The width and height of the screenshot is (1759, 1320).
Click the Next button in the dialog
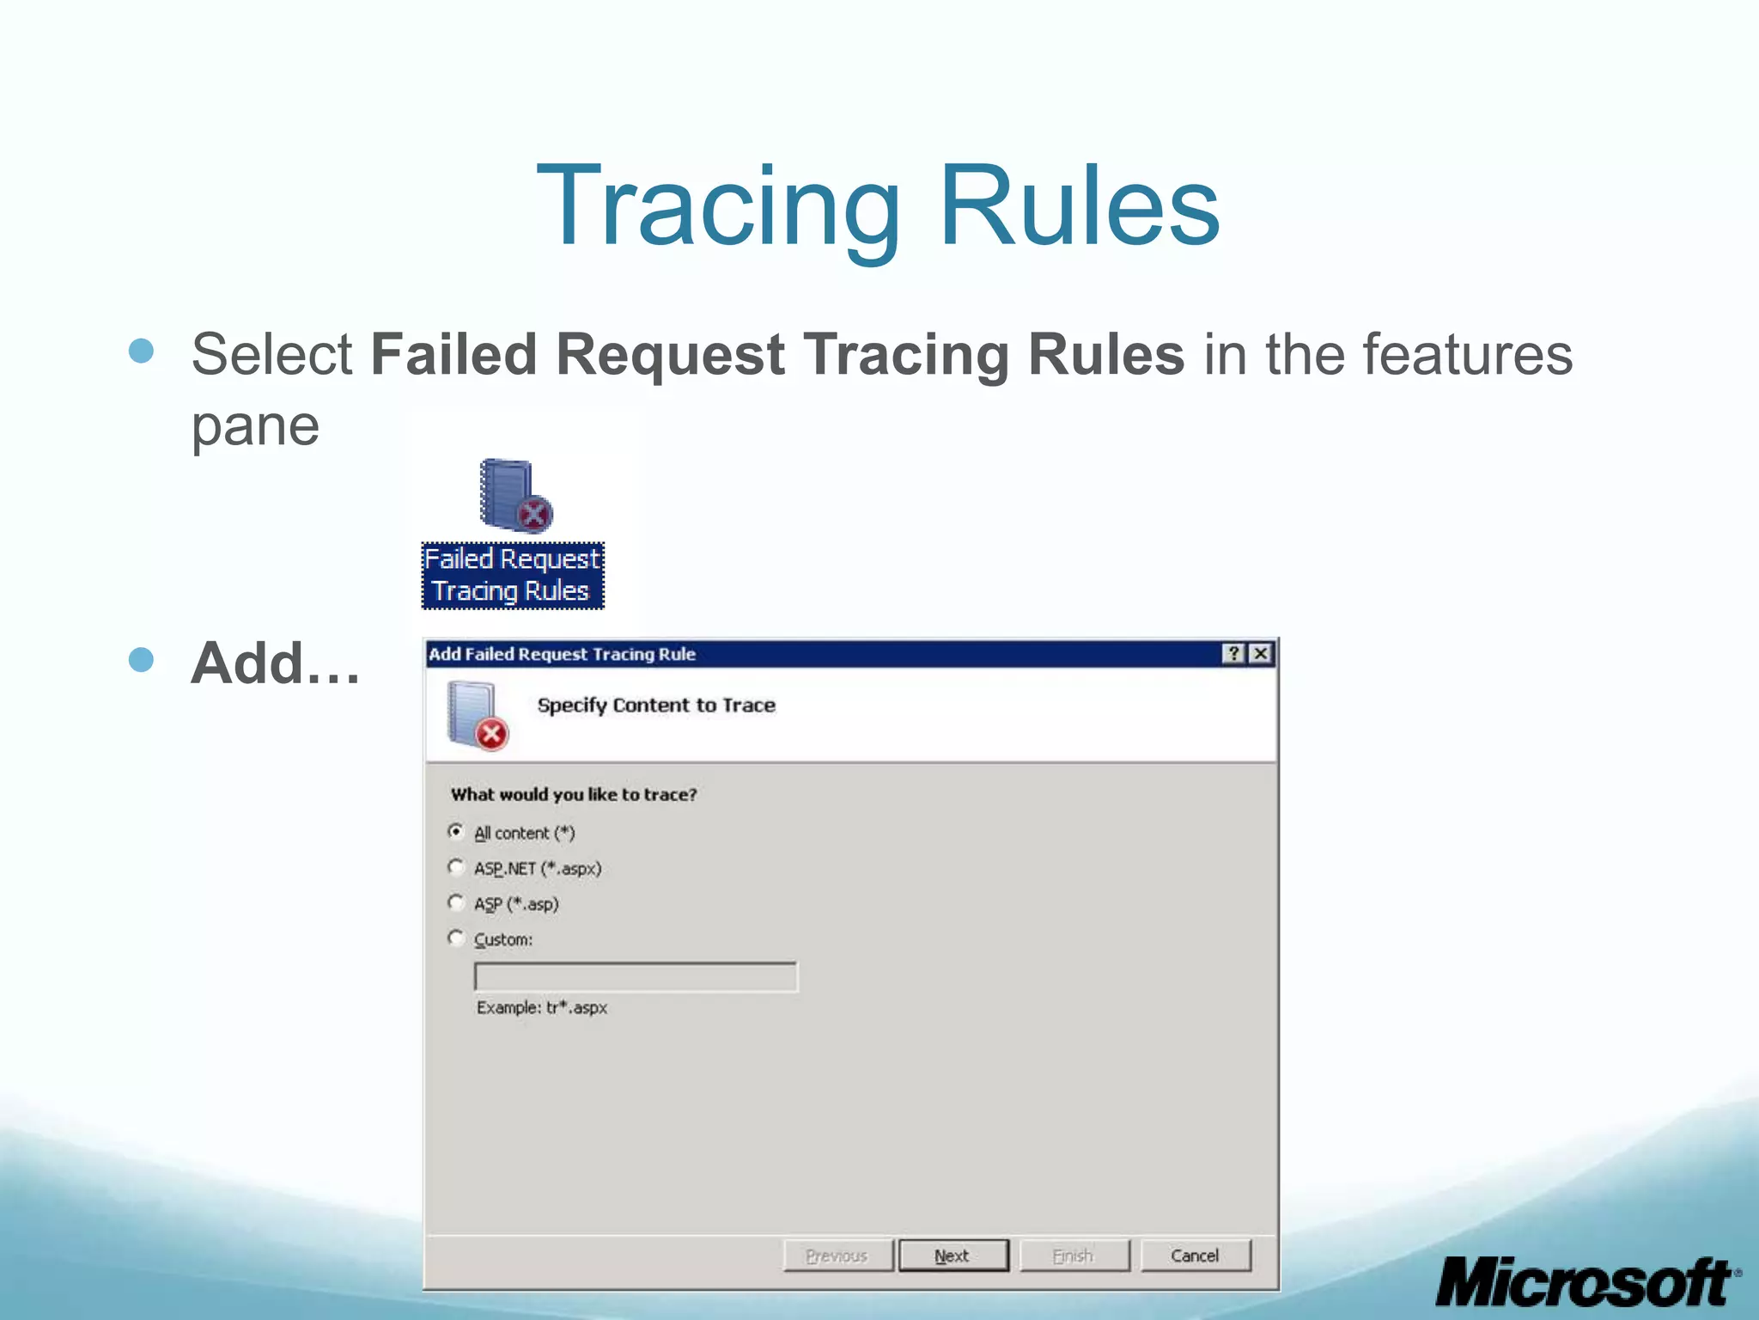[953, 1256]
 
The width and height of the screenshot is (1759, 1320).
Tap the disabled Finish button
[1074, 1256]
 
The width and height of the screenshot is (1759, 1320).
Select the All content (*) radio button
[456, 831]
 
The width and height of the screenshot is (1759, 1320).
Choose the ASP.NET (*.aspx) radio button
[456, 867]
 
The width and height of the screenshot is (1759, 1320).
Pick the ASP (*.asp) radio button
[456, 902]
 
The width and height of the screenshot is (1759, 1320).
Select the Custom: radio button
[456, 938]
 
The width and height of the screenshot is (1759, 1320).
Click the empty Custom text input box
[636, 977]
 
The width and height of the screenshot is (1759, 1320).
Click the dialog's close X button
[1260, 654]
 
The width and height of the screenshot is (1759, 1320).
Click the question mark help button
[1233, 654]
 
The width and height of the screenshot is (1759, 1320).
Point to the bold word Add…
[275, 663]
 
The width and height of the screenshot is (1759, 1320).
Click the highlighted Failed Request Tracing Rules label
[513, 576]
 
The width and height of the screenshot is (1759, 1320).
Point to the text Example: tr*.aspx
[542, 1007]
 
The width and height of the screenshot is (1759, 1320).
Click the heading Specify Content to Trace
[656, 706]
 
